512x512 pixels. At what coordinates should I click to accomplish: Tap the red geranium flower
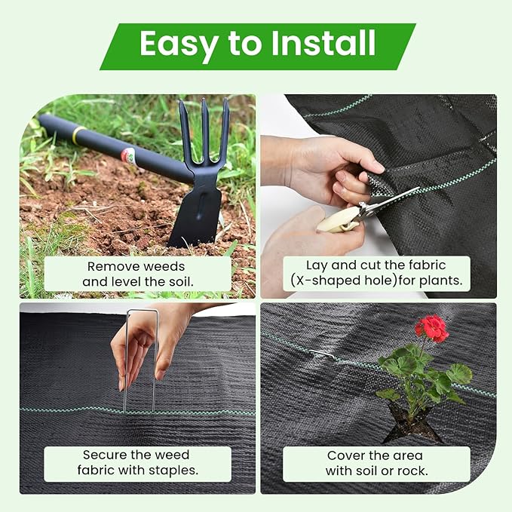pyautogui.click(x=431, y=328)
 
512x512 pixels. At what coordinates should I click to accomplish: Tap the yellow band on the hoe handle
pyautogui.click(x=78, y=135)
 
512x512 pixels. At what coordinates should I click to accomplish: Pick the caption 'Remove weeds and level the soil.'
pyautogui.click(x=137, y=274)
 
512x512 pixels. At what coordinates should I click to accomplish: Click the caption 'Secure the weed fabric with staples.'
pyautogui.click(x=137, y=463)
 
